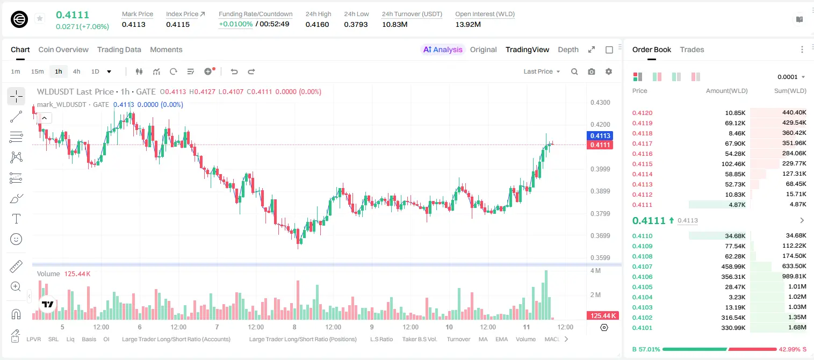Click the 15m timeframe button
click(37, 71)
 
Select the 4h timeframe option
click(76, 71)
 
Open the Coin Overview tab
click(63, 49)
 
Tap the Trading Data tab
click(119, 49)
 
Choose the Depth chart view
click(568, 49)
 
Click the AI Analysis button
click(443, 49)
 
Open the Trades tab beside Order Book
click(692, 49)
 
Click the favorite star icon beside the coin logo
click(40, 18)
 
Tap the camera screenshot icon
click(592, 71)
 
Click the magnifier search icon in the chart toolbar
click(574, 71)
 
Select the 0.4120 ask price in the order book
click(642, 113)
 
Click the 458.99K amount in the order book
click(733, 267)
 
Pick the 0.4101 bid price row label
click(642, 328)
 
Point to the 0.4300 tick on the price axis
click(600, 103)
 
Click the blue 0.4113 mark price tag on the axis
click(600, 135)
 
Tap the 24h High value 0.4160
click(317, 24)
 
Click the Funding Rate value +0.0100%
click(235, 24)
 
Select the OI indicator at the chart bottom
click(106, 339)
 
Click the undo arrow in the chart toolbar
click(234, 71)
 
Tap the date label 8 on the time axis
click(294, 327)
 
